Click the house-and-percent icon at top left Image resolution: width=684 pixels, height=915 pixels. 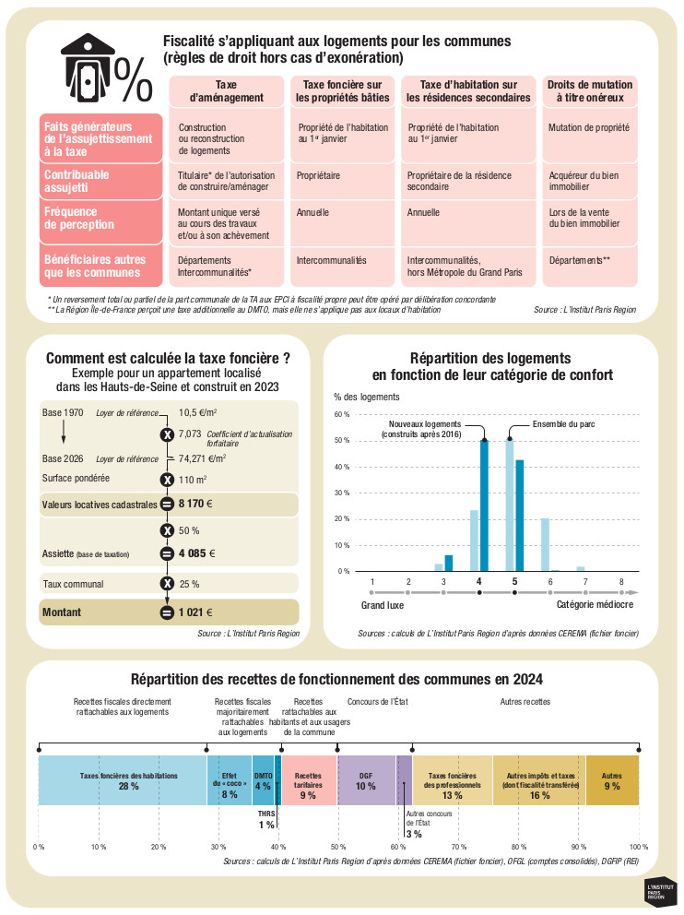[105, 69]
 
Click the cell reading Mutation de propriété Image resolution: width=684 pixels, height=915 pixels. [588, 127]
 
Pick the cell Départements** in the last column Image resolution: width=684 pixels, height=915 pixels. [580, 261]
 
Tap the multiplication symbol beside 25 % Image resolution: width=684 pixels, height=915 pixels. [167, 584]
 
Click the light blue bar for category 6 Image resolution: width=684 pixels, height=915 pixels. [545, 544]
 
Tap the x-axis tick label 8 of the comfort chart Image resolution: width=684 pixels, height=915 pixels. [621, 582]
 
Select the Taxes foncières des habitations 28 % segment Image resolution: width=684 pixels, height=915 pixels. [123, 780]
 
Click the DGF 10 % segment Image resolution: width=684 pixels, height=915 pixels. [366, 780]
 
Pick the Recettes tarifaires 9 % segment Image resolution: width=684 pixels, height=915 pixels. [308, 780]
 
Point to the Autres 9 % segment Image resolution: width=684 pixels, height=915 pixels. [612, 780]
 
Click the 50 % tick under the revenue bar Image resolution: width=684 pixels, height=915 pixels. [337, 847]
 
